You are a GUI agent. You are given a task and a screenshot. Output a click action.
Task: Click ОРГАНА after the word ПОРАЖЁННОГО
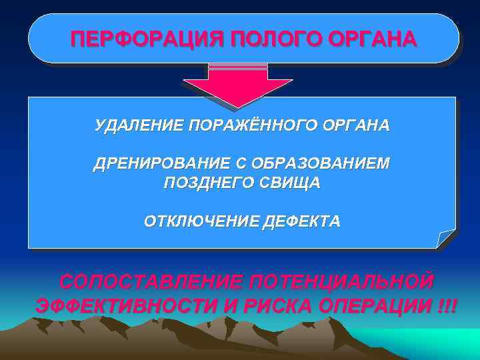358,125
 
